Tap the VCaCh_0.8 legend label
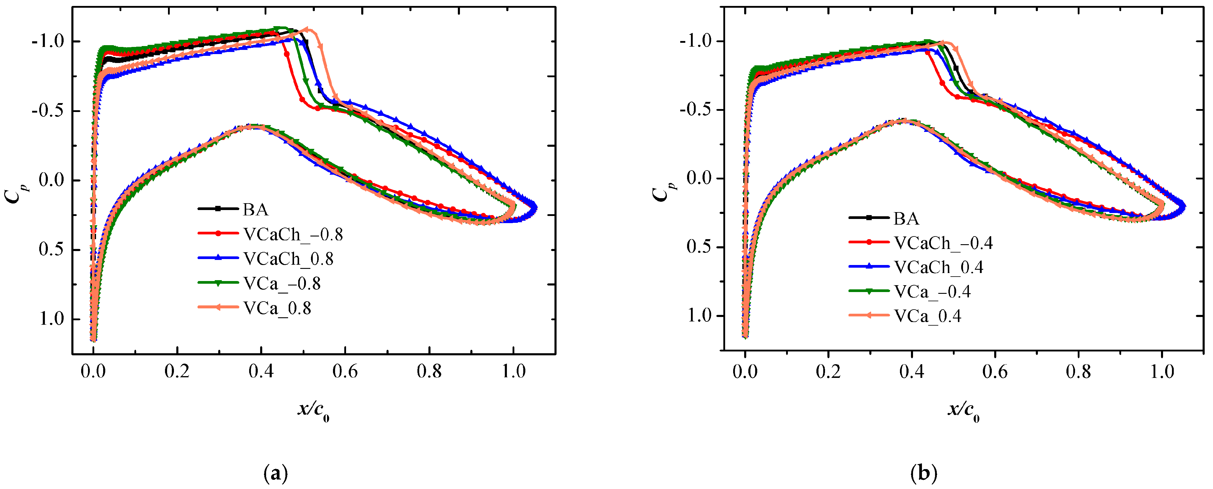[x=288, y=258]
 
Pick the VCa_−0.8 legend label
[x=282, y=283]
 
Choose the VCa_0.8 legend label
[x=277, y=308]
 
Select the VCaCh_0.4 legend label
[x=939, y=267]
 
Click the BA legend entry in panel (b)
[x=906, y=218]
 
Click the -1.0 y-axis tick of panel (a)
[x=47, y=41]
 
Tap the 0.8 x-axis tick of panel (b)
[x=1078, y=372]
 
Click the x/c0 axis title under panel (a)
[x=313, y=410]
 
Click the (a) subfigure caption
[x=276, y=473]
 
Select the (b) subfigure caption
[x=924, y=473]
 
